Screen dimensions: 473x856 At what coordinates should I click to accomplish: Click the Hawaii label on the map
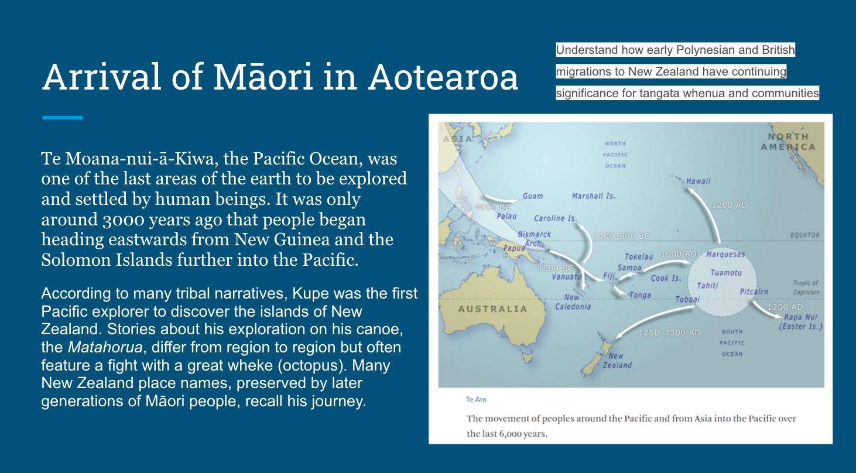[x=698, y=181]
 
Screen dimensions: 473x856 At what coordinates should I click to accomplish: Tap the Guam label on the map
[x=532, y=196]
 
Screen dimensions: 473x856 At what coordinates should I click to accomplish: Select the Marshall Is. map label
[x=594, y=196]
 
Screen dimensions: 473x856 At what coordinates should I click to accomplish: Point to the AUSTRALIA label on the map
[x=492, y=309]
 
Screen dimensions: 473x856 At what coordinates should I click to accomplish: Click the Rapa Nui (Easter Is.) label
[x=801, y=322]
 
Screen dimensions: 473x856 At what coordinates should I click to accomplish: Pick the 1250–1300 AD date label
[x=669, y=333]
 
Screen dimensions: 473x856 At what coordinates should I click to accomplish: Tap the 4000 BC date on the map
[x=492, y=207]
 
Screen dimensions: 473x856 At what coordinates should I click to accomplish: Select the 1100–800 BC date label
[x=621, y=236]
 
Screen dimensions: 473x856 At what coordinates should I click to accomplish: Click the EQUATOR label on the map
[x=804, y=235]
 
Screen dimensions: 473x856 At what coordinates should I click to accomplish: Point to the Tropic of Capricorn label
[x=806, y=287]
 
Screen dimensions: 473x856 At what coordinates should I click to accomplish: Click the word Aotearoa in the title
[x=443, y=77]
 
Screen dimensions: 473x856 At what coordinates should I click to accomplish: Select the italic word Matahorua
[x=105, y=347]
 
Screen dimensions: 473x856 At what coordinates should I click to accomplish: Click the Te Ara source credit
[x=476, y=400]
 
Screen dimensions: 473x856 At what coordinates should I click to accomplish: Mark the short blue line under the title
[x=62, y=118]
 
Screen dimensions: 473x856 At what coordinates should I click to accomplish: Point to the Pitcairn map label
[x=754, y=292]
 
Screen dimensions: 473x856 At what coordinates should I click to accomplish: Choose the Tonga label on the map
[x=640, y=295]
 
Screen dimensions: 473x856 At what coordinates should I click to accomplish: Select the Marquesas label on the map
[x=725, y=255]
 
